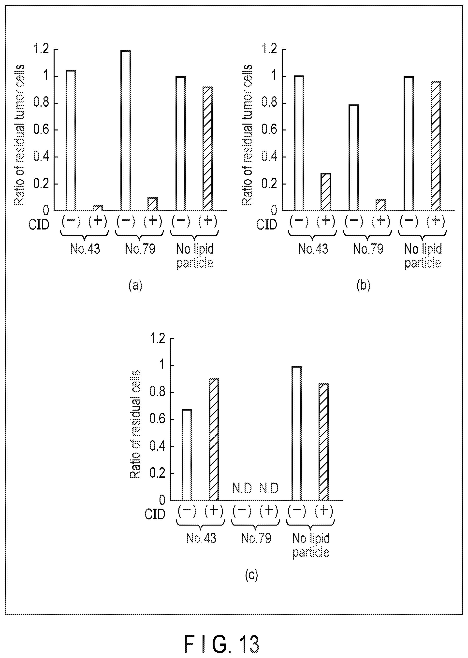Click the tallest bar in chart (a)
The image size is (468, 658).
126,130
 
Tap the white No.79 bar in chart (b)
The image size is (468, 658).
354,157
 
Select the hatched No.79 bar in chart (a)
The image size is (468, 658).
153,204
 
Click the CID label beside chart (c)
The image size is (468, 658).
155,514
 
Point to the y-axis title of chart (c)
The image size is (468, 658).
135,424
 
